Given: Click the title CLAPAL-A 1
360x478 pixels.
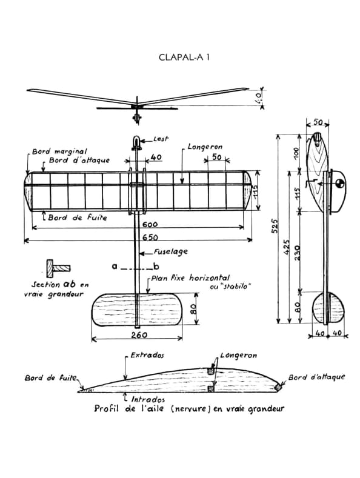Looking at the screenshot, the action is coord(184,58).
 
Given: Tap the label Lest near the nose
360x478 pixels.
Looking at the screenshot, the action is coord(161,139).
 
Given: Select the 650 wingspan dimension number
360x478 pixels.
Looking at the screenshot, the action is coord(150,237).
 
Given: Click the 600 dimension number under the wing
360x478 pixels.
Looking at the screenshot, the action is coord(150,224).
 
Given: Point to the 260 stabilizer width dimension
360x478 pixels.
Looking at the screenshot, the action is coord(139,335).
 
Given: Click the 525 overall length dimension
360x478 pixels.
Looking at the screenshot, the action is coord(275,225).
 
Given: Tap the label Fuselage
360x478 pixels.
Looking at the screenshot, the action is coord(170,252).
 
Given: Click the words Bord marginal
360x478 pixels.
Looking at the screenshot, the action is coord(60,151).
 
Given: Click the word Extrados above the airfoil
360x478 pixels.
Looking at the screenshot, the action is coord(147,355).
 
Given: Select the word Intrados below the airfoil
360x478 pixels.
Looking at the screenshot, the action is coord(148,399).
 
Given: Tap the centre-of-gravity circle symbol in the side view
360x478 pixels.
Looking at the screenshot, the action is coord(339,183).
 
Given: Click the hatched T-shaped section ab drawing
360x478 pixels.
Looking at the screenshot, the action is coord(58,268).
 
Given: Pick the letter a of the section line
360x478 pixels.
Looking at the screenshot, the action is coord(115,267).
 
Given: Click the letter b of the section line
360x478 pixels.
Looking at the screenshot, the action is coord(156,267).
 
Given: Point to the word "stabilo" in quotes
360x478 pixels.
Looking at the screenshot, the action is coord(228,287).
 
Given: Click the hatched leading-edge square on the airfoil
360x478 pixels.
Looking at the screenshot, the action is coord(278,387).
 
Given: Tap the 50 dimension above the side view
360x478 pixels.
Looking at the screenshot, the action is coord(318,122).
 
